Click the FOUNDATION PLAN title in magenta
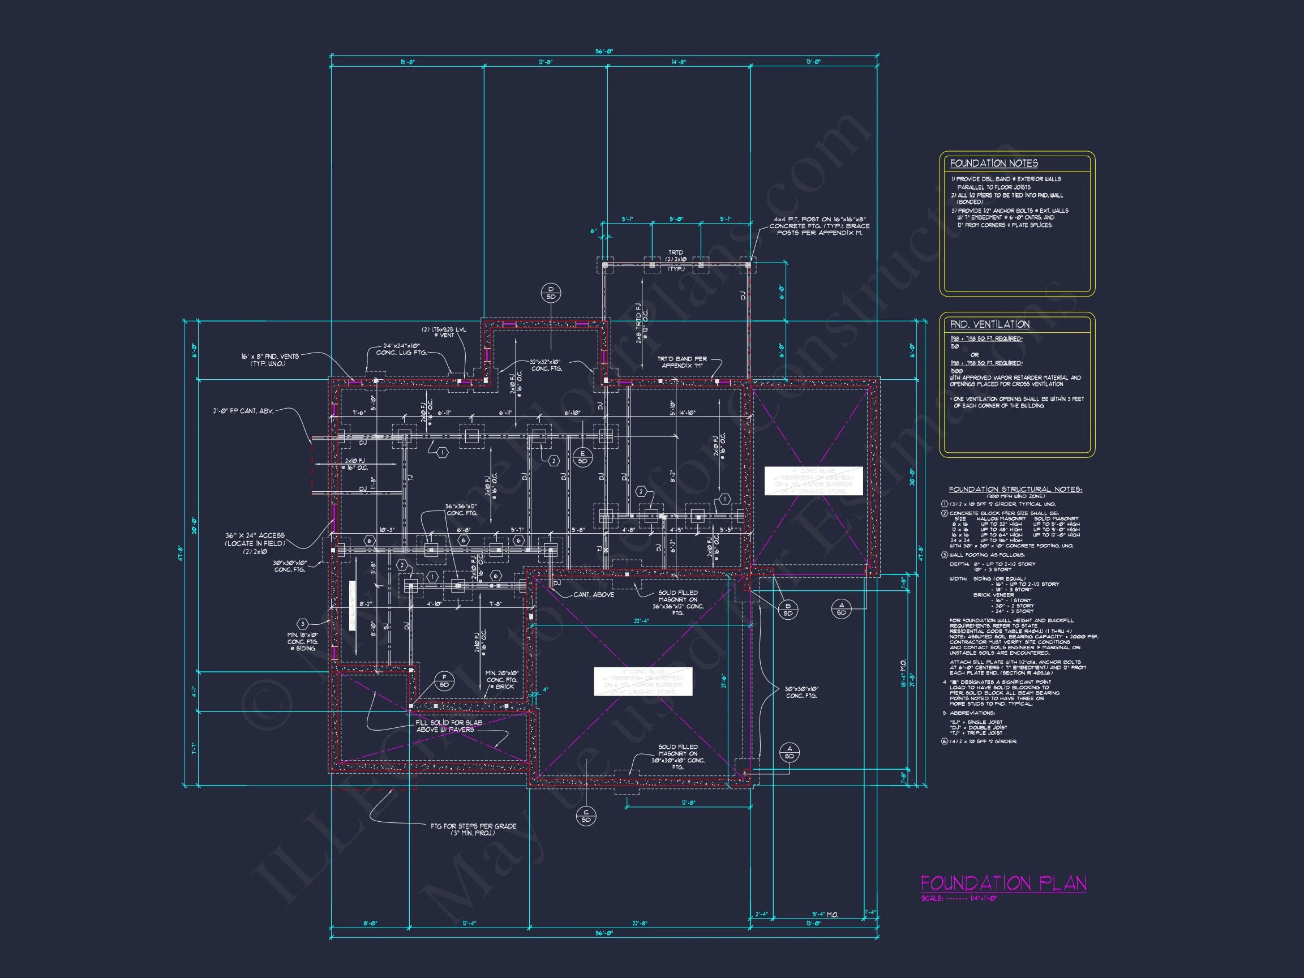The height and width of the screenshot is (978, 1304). click(x=1003, y=883)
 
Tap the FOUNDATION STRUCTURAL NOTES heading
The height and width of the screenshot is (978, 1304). click(x=1015, y=490)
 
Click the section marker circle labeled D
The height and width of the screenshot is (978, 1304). click(x=551, y=293)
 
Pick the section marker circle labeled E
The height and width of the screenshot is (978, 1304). click(x=582, y=457)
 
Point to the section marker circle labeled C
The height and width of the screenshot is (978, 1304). click(x=585, y=816)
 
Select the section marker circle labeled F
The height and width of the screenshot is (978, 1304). click(x=444, y=681)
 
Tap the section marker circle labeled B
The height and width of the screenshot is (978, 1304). click(x=788, y=610)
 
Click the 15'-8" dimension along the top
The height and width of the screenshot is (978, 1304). click(x=407, y=62)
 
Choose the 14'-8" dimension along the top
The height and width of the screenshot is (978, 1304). click(x=679, y=62)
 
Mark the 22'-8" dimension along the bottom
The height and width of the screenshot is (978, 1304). click(x=640, y=923)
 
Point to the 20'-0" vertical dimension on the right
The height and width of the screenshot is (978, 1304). click(x=912, y=477)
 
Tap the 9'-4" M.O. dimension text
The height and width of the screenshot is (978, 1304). click(x=825, y=915)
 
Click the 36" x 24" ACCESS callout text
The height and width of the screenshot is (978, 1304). click(x=255, y=539)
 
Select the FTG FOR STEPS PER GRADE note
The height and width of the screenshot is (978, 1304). click(x=473, y=829)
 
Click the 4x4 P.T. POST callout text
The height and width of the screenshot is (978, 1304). click(x=819, y=226)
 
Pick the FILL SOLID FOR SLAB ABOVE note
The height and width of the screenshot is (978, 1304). click(x=448, y=726)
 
